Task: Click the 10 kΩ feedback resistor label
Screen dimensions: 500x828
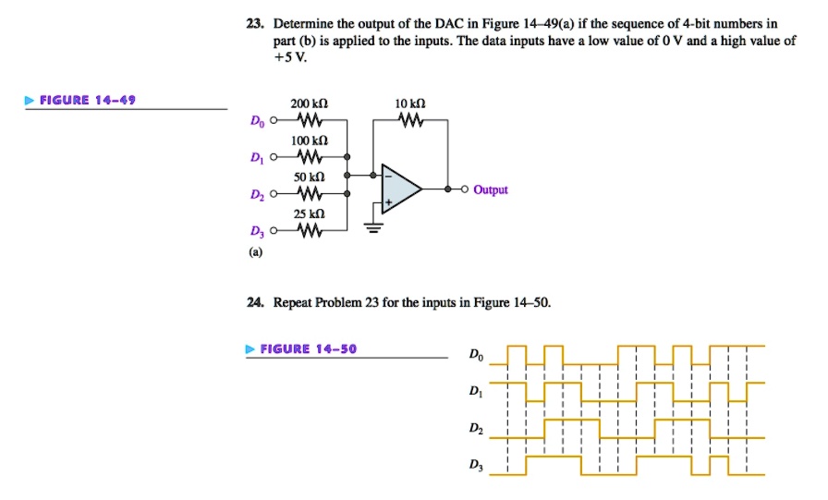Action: click(x=409, y=104)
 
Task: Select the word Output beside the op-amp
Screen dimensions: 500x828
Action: click(x=491, y=189)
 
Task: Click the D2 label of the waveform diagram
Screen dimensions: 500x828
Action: click(x=475, y=429)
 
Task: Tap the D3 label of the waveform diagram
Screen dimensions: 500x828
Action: click(x=475, y=467)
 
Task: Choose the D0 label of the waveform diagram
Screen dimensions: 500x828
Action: click(x=475, y=354)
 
